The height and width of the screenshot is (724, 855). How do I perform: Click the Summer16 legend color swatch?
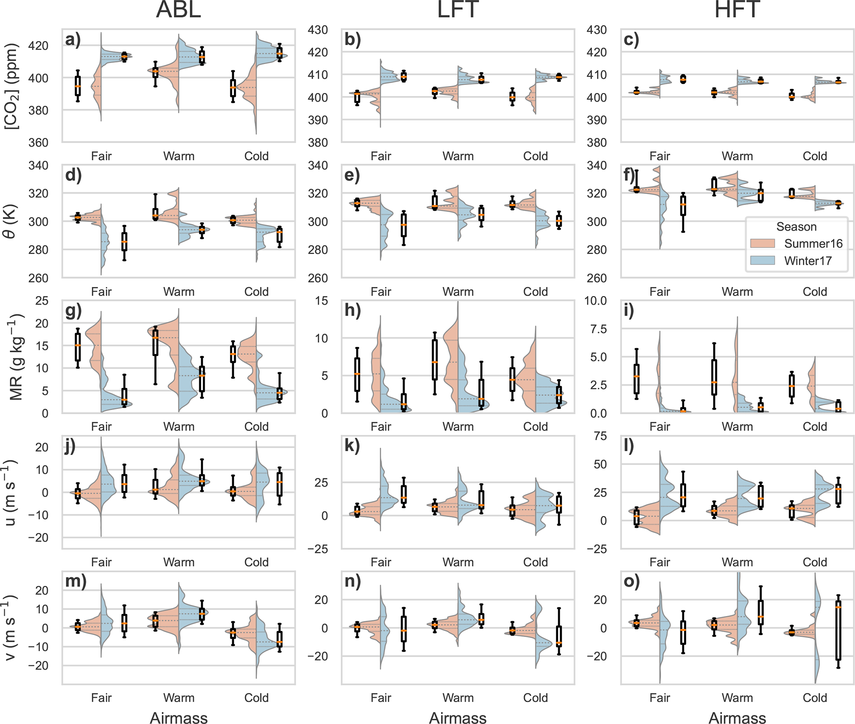tap(762, 244)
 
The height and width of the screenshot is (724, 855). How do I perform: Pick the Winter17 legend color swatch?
tap(762, 260)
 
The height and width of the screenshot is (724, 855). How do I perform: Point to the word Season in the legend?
tap(796, 227)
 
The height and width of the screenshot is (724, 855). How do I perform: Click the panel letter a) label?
tap(73, 40)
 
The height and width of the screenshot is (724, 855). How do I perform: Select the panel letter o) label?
tap(632, 581)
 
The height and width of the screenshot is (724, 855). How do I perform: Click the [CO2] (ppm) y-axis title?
tap(12, 86)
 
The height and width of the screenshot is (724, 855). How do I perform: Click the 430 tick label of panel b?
tap(318, 30)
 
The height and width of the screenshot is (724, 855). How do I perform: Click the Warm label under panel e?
tap(458, 292)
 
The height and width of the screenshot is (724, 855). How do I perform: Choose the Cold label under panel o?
tap(814, 698)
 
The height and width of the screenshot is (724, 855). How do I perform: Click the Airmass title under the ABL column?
tap(178, 718)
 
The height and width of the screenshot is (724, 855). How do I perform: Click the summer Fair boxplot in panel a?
tap(78, 86)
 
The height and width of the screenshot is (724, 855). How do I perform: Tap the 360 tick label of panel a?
tap(38, 143)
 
